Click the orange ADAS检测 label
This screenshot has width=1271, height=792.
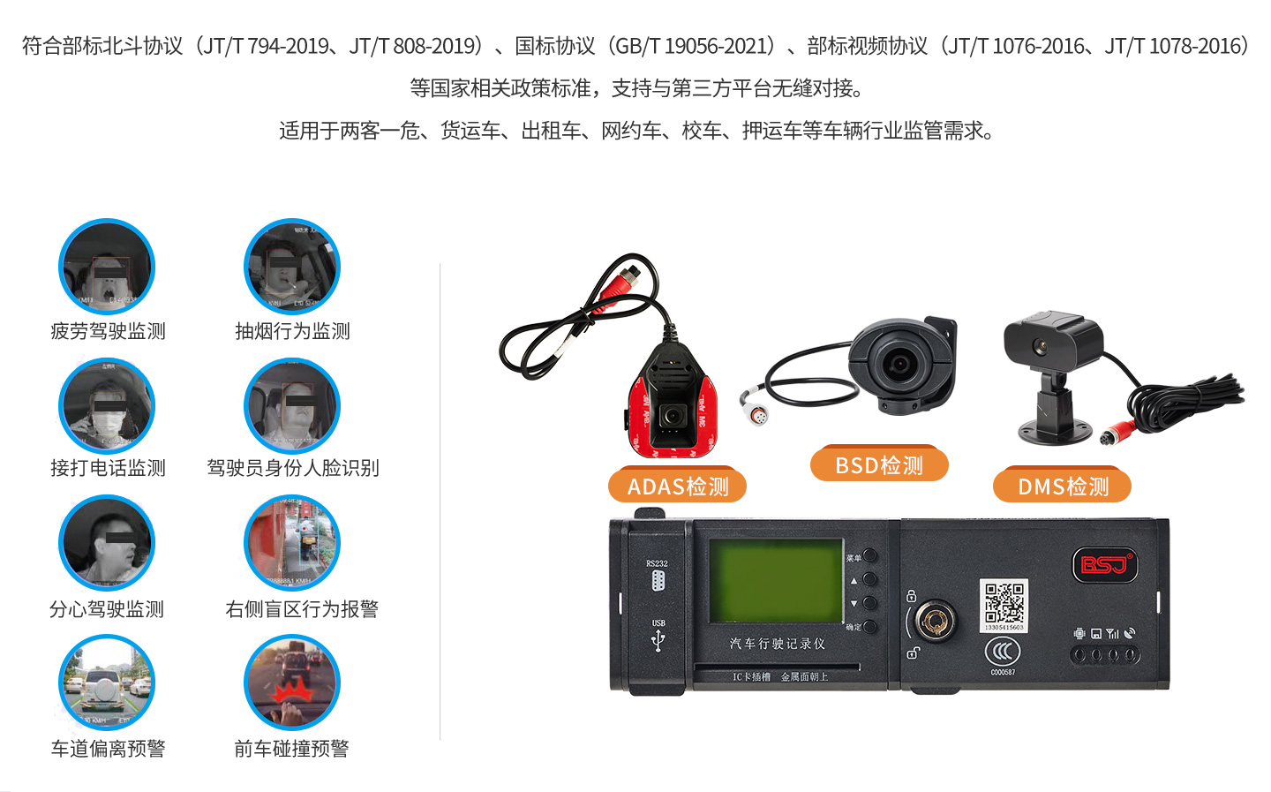[x=677, y=487]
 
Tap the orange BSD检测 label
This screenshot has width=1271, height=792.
[x=879, y=465]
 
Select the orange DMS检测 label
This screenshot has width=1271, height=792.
[x=1062, y=487]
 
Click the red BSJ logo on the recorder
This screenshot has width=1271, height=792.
[x=1103, y=564]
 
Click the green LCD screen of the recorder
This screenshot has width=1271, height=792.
[x=776, y=581]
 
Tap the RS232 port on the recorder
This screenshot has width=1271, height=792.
[x=658, y=580]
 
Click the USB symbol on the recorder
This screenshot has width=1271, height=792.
[x=658, y=640]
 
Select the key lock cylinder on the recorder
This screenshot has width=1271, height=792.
[x=934, y=620]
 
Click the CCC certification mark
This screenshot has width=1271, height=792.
[x=1003, y=652]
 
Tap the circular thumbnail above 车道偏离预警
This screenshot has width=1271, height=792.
[x=107, y=683]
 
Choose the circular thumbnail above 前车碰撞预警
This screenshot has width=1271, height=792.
[x=292, y=683]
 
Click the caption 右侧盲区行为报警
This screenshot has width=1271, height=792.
[x=302, y=609]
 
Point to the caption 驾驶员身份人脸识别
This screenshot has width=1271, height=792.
[x=293, y=468]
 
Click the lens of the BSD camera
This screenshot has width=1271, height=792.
[x=899, y=363]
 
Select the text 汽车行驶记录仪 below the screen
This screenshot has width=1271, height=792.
[x=778, y=644]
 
